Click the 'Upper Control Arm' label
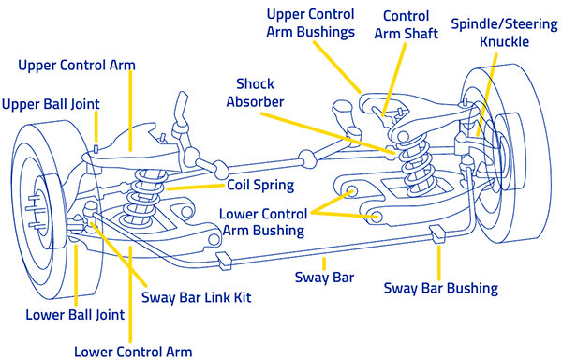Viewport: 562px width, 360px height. (77, 66)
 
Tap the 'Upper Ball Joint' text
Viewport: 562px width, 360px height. (51, 104)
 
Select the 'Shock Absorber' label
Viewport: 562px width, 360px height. (255, 93)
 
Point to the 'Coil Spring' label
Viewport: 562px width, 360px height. (260, 185)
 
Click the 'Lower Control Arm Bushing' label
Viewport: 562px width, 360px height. (263, 222)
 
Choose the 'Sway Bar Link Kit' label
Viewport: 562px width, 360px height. (197, 297)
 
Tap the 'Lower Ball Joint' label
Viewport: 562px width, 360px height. (75, 315)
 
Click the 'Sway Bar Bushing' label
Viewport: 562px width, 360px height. (441, 288)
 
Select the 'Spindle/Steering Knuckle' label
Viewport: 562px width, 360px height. (504, 33)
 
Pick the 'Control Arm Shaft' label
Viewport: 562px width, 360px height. (407, 24)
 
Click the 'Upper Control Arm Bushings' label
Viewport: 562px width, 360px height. (310, 22)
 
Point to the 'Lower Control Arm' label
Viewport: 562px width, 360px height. (133, 352)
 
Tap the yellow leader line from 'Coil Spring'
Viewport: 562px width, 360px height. (196, 187)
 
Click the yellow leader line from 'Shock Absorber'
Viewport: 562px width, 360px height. (327, 134)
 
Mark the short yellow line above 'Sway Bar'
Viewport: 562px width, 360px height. (324, 263)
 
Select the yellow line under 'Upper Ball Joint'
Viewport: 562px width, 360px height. (96, 127)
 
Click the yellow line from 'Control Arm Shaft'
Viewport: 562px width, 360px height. (394, 80)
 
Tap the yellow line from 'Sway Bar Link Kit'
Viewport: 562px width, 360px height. (119, 254)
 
